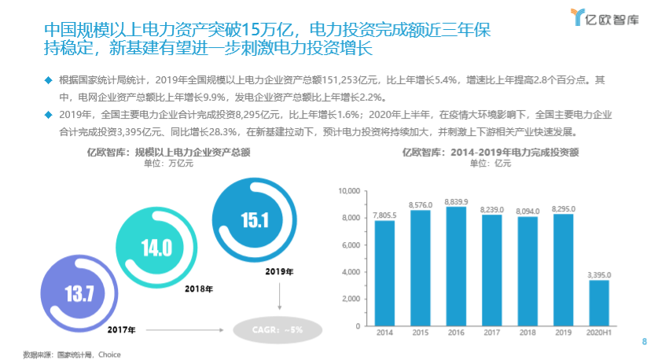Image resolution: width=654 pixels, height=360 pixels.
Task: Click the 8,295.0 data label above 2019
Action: coord(564,208)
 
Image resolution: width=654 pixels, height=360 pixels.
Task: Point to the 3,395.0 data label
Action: coord(599,274)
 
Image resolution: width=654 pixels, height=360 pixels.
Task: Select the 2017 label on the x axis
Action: coord(491,334)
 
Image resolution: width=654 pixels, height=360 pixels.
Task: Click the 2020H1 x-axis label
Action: coord(599,334)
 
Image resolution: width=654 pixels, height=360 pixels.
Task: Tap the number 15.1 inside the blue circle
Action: coord(255,220)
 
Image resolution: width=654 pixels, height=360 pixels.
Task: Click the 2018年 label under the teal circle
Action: coord(200,289)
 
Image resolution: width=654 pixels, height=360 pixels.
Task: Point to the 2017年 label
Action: coord(121,329)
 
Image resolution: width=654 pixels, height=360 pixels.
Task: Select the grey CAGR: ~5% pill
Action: coord(280,329)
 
